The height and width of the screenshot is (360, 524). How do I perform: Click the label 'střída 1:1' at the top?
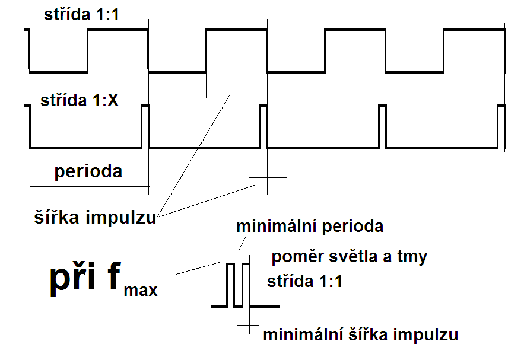(x=82, y=15)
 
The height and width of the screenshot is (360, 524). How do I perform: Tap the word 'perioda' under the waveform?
(x=88, y=171)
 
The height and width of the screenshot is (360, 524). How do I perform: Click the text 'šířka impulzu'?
(x=94, y=218)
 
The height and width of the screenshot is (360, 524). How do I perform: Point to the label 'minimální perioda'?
(x=310, y=226)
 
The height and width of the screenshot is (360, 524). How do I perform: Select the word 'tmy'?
(x=415, y=257)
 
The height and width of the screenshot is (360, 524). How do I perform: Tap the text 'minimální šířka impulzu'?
(x=360, y=334)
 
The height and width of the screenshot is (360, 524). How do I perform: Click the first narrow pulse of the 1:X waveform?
(x=145, y=126)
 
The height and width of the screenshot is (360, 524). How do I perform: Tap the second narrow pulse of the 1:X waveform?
(x=263, y=126)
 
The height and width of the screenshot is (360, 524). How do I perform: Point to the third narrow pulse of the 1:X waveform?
(x=382, y=126)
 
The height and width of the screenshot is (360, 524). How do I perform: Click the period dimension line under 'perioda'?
(x=89, y=187)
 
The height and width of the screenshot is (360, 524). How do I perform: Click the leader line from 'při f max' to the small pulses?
(x=198, y=268)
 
